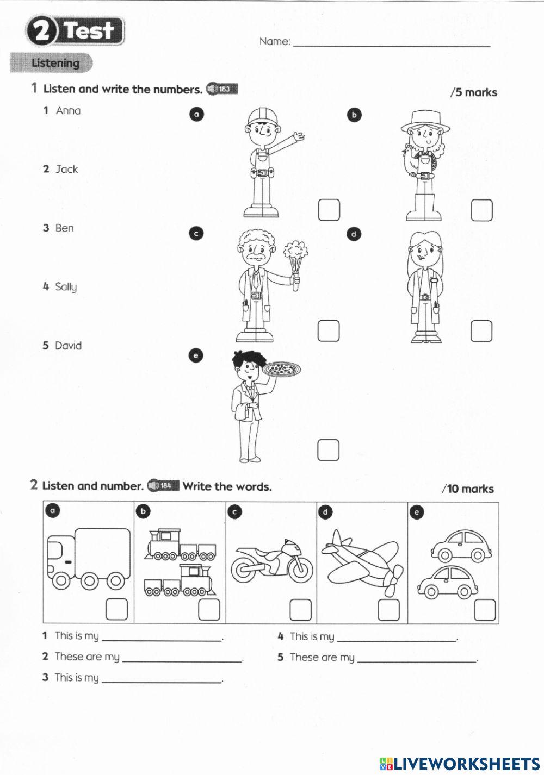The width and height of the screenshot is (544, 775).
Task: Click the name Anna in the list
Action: (68, 111)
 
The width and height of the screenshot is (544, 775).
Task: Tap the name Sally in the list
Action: (66, 287)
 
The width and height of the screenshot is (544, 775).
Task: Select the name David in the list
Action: (68, 346)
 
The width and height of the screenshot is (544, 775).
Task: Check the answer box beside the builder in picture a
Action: (329, 210)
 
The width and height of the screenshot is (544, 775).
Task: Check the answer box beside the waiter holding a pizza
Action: (328, 450)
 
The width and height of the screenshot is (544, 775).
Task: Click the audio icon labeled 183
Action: (222, 89)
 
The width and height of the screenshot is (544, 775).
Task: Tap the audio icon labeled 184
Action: (163, 485)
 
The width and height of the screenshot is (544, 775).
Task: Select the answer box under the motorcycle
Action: (300, 610)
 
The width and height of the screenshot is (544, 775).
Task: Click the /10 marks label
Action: (467, 489)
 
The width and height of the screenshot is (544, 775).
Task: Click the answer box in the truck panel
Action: (116, 610)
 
